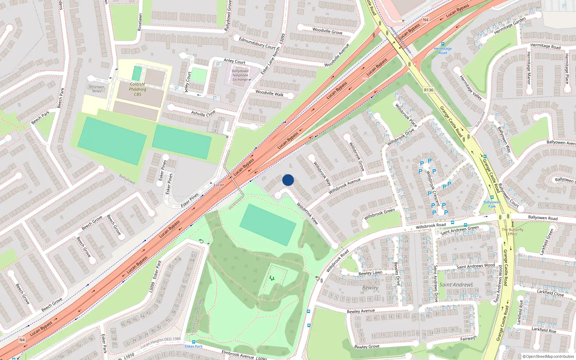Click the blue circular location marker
[x=288, y=180]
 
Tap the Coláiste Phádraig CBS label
[x=138, y=89]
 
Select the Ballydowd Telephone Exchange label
[x=240, y=75]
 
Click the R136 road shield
[x=428, y=90]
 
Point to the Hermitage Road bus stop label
[x=442, y=51]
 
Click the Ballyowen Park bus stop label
[x=492, y=204]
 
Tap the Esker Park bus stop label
[x=194, y=346]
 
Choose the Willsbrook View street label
[x=307, y=213]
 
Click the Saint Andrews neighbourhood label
[x=456, y=285]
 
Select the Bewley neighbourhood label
[x=370, y=288]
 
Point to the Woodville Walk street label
[x=269, y=93]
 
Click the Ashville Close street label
[x=203, y=113]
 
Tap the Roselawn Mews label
[x=96, y=89]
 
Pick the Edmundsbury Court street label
[x=257, y=43]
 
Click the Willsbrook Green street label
[x=379, y=214]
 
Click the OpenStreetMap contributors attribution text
[x=548, y=357]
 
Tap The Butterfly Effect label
[x=513, y=231]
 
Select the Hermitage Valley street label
[x=471, y=87]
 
